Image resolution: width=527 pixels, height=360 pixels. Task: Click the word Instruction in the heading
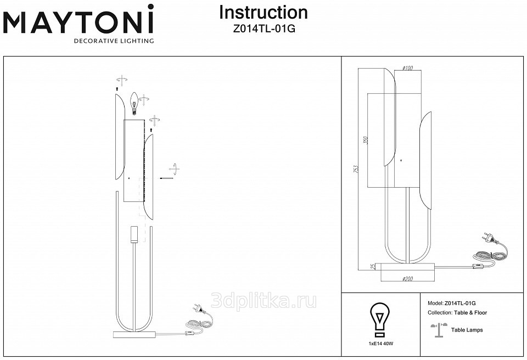(x=263, y=13)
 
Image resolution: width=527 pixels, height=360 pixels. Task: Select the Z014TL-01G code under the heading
(x=264, y=29)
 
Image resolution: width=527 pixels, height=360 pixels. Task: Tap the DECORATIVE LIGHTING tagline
(x=114, y=41)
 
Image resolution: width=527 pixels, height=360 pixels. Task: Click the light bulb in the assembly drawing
(x=133, y=103)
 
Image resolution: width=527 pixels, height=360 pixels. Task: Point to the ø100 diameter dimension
(x=407, y=68)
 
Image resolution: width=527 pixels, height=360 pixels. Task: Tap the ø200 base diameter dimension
(x=408, y=279)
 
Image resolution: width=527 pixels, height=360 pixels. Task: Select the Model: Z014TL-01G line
(x=451, y=303)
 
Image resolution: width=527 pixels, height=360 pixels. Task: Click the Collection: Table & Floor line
(x=457, y=313)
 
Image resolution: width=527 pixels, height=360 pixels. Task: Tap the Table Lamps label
(x=467, y=330)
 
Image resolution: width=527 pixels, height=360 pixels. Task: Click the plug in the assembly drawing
(x=199, y=311)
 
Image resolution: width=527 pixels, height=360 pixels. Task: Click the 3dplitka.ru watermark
(x=263, y=301)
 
